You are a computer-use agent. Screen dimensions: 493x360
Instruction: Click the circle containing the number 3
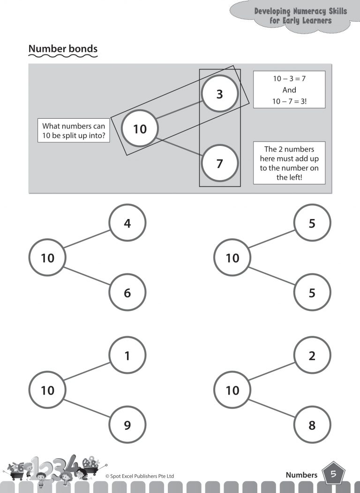[x=220, y=94]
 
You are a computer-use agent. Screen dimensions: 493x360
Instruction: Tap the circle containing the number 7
[x=220, y=164]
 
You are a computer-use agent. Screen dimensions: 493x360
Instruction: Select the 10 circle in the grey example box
[x=140, y=129]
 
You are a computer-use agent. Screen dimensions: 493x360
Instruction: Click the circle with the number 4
[x=127, y=223]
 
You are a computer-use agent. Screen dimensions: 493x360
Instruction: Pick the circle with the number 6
[x=127, y=293]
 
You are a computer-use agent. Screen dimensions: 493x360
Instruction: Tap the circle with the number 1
[x=127, y=356]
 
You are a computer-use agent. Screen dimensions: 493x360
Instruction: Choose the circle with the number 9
[x=127, y=425]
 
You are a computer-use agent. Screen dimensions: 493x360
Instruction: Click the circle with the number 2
[x=312, y=356]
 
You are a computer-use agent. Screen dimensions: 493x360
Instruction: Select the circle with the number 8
[x=312, y=425]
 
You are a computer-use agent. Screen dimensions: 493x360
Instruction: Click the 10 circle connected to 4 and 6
[x=48, y=258]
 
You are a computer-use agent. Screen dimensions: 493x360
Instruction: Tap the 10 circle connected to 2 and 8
[x=232, y=390]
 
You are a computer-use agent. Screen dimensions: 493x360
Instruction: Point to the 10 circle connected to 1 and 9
[x=48, y=390]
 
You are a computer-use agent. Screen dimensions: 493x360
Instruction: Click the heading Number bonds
[x=63, y=49]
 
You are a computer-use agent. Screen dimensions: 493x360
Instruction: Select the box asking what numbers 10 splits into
[x=74, y=131]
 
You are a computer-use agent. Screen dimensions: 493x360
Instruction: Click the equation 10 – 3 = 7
[x=289, y=79]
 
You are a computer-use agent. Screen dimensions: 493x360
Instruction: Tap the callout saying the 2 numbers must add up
[x=289, y=163]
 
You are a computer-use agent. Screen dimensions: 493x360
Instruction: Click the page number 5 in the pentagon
[x=333, y=474]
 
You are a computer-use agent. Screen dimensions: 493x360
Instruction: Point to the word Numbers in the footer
[x=301, y=475]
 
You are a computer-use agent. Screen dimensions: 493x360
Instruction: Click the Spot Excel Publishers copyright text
[x=140, y=476]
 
